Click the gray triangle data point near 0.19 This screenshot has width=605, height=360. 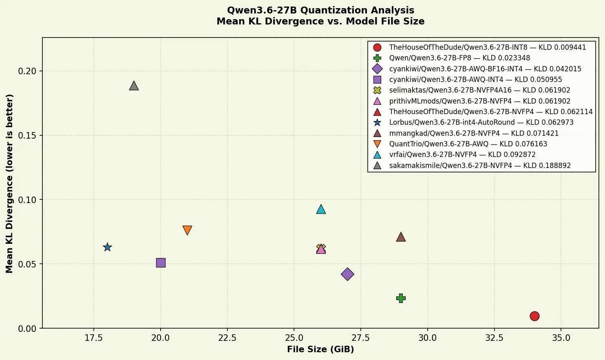coord(134,86)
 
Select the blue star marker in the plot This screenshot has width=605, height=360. coord(107,247)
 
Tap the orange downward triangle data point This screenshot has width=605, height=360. coord(187,230)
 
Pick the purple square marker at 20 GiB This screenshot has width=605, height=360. coord(161,263)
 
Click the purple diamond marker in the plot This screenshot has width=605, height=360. coord(347,274)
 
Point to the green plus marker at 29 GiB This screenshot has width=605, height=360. coord(401,298)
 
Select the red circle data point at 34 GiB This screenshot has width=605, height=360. coord(534,316)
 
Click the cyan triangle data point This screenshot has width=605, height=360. coord(321,209)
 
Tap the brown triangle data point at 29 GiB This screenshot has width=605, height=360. coord(401,237)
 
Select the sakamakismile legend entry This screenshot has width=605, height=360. coord(472,165)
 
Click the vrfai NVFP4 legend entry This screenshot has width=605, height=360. coord(454,155)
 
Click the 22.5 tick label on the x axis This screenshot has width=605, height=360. coord(227,338)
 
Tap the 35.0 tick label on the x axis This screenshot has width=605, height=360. coord(561,338)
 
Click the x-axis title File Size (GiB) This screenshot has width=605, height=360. coord(320,349)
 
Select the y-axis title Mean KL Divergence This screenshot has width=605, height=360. coord(9,183)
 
